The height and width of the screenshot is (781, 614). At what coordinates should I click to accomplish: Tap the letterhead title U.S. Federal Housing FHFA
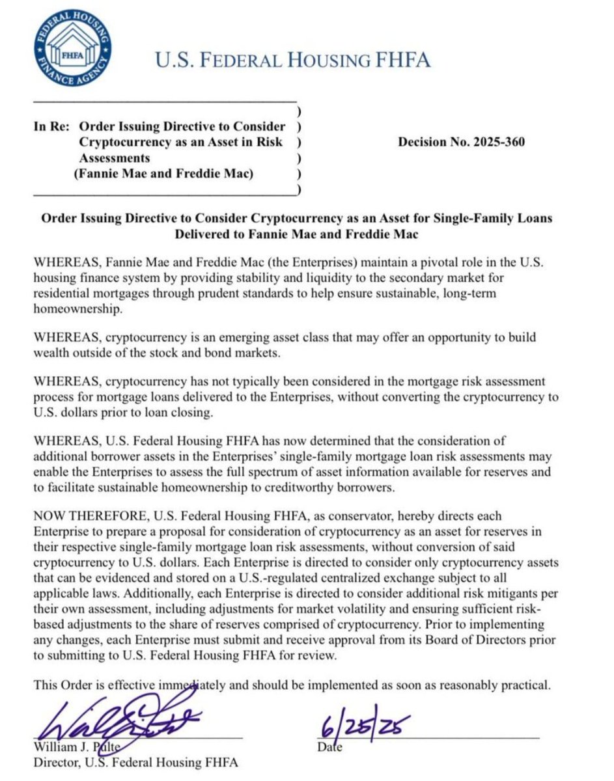point(292,61)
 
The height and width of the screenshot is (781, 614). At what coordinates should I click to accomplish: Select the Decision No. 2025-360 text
point(461,142)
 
